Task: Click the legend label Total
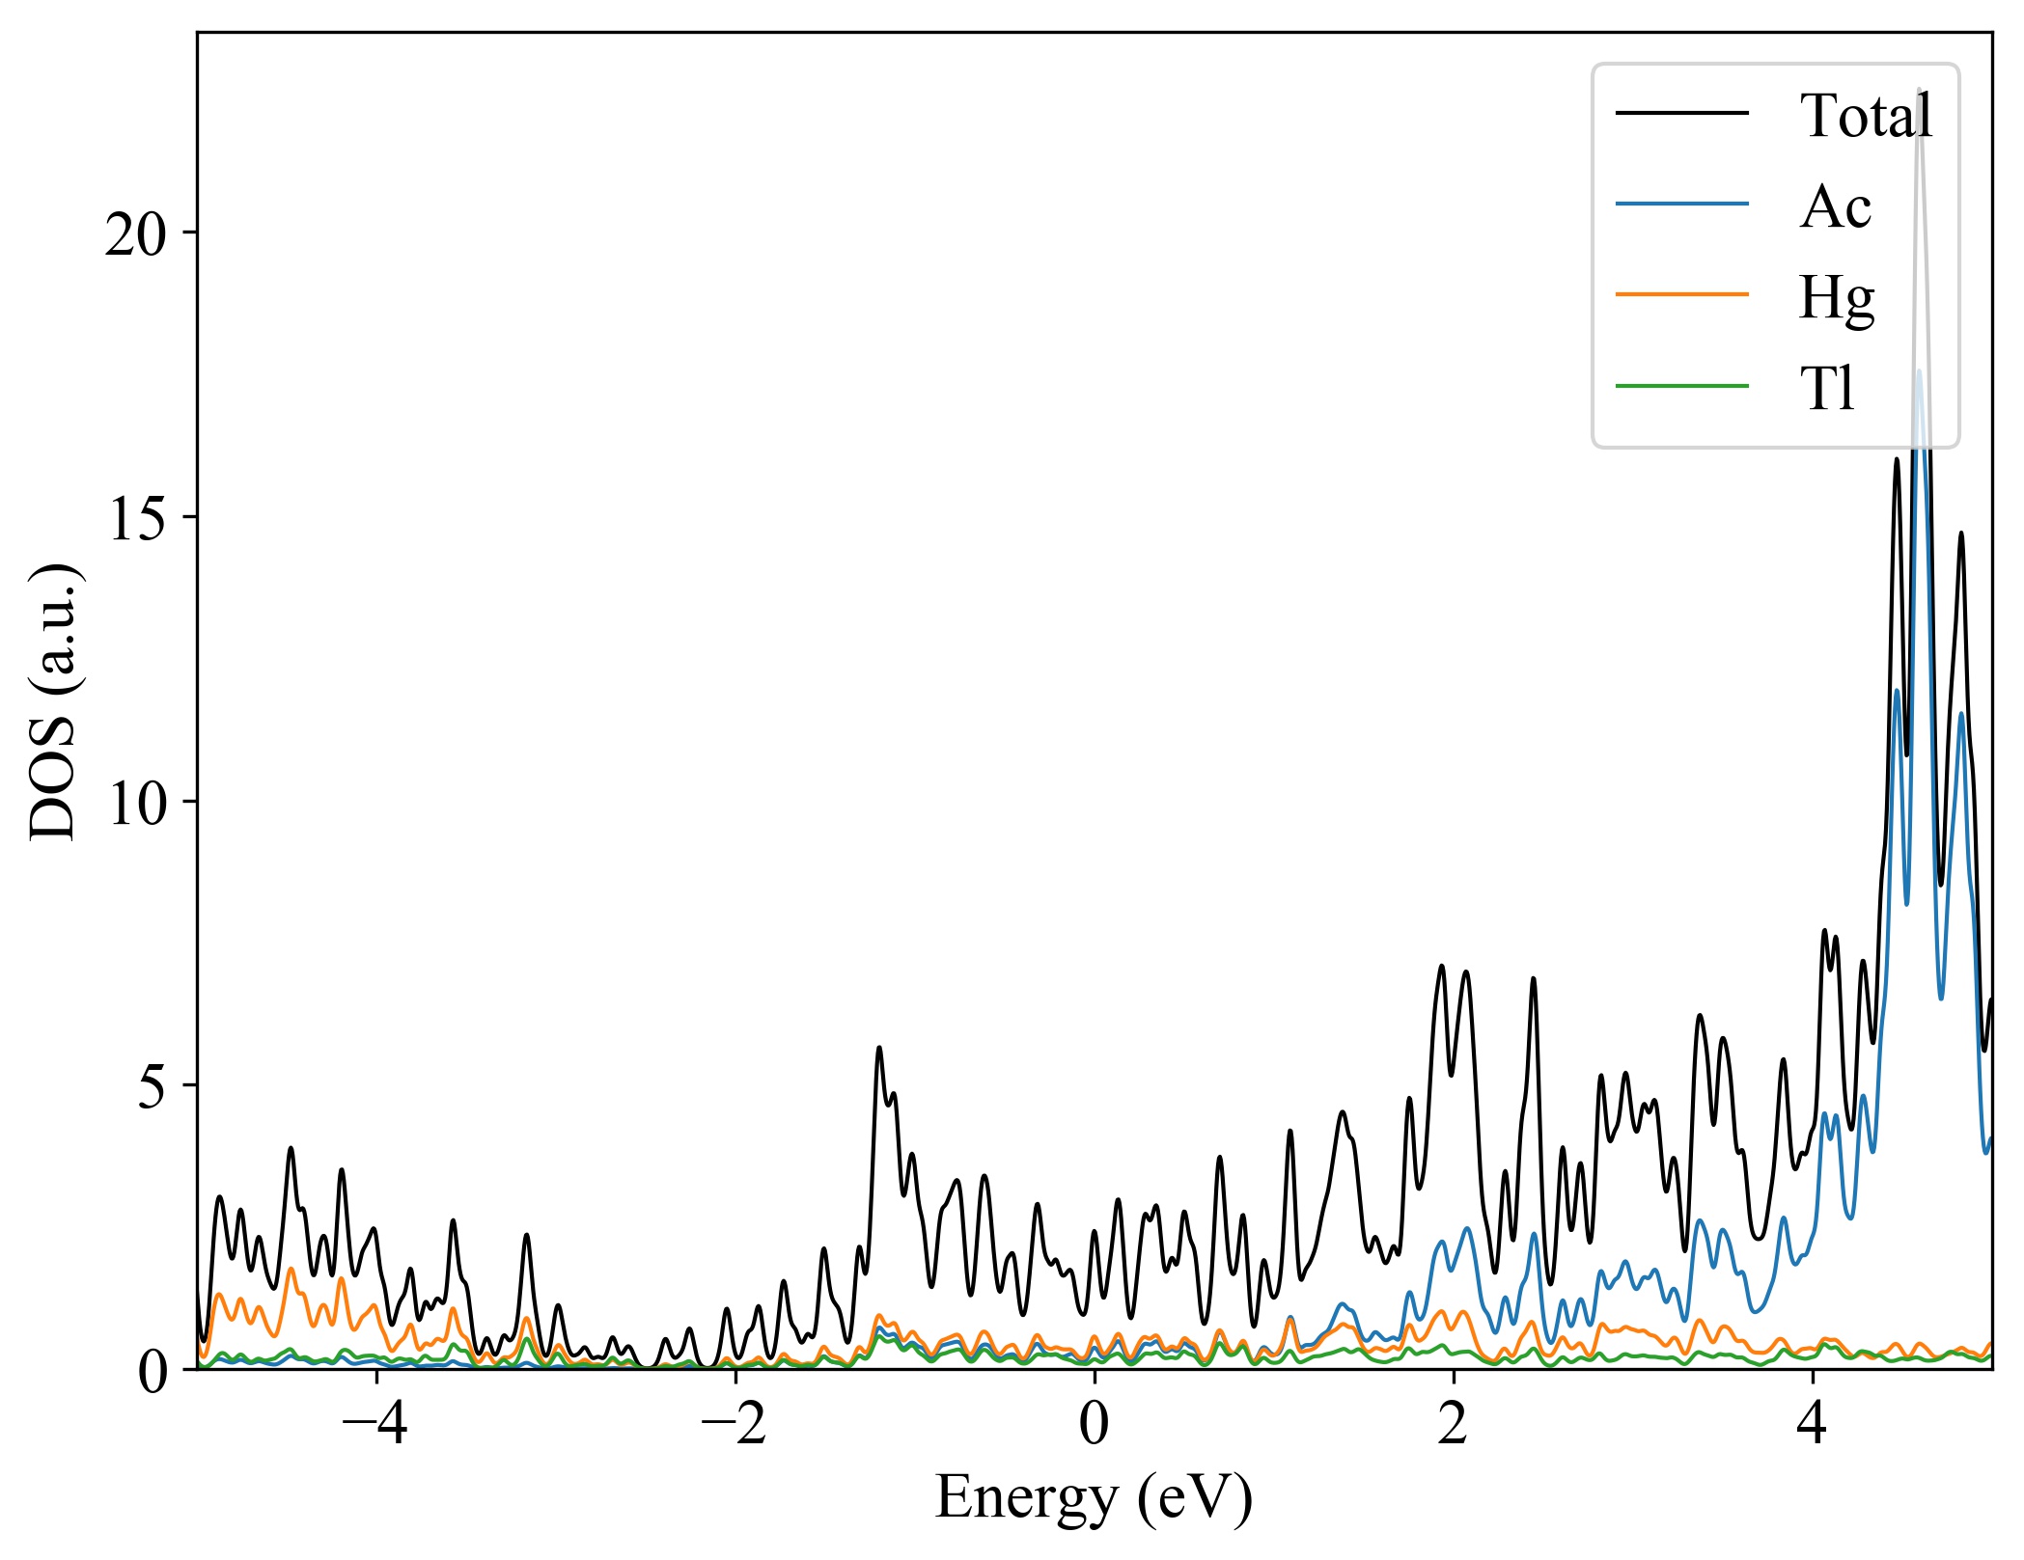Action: (1865, 116)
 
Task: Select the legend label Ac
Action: (1835, 206)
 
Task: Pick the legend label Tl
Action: (1827, 389)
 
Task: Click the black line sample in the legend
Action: (1681, 114)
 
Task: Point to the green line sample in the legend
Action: (1681, 387)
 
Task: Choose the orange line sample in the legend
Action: (1681, 294)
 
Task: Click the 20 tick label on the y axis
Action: (136, 233)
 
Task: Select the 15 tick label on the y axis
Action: (136, 518)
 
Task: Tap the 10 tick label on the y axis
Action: (136, 803)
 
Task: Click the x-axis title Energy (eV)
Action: (1094, 1498)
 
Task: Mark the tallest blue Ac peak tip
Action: (1918, 371)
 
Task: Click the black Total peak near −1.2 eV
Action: (878, 1048)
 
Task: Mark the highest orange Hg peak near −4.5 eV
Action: (291, 1269)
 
